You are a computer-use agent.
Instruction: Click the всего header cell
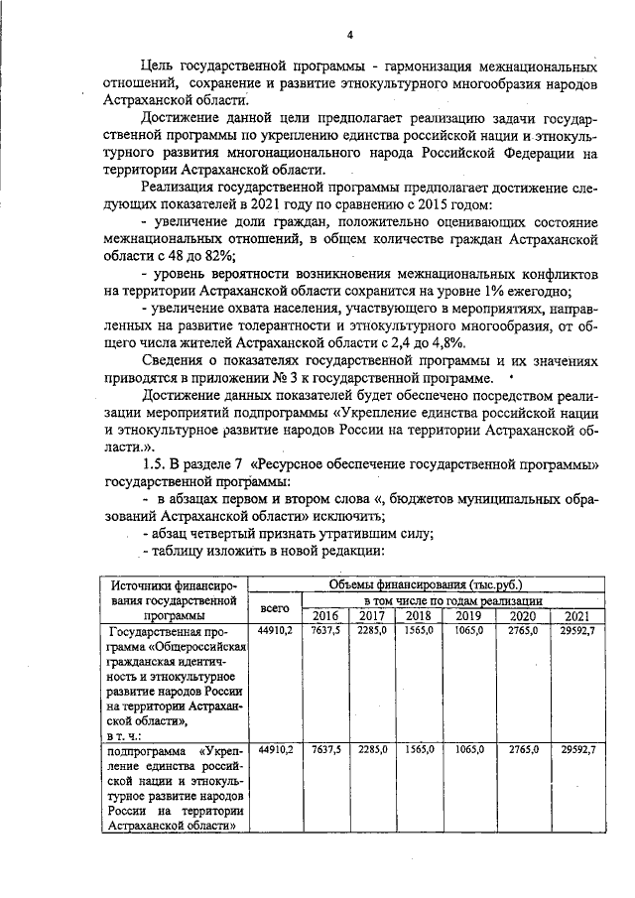click(274, 608)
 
